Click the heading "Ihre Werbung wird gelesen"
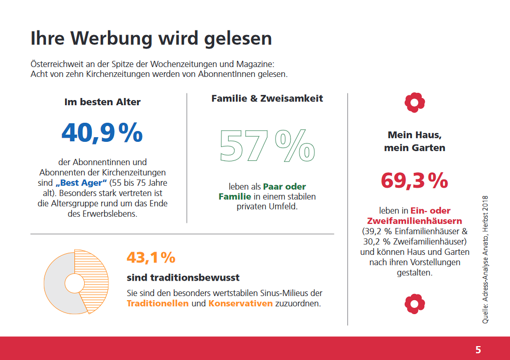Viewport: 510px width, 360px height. click(151, 39)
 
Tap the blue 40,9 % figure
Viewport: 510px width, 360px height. click(102, 133)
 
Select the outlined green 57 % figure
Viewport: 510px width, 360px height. click(267, 146)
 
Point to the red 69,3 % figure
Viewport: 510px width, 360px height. click(415, 181)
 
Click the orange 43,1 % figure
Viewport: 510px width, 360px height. click(151, 257)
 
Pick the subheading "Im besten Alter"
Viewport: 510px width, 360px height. click(102, 102)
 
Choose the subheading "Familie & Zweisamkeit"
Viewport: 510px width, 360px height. click(267, 98)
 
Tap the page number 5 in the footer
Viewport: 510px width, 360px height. click(478, 350)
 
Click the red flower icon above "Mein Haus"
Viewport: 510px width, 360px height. click(414, 103)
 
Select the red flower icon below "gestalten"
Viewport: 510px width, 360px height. click(414, 304)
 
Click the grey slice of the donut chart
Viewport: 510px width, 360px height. click(57, 286)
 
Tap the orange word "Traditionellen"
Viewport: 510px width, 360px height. click(157, 303)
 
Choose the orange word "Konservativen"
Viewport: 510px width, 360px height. click(240, 303)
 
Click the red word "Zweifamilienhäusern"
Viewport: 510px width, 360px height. click(415, 221)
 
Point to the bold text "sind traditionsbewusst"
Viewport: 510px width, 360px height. click(183, 277)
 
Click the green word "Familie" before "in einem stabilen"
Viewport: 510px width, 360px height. click(234, 197)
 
